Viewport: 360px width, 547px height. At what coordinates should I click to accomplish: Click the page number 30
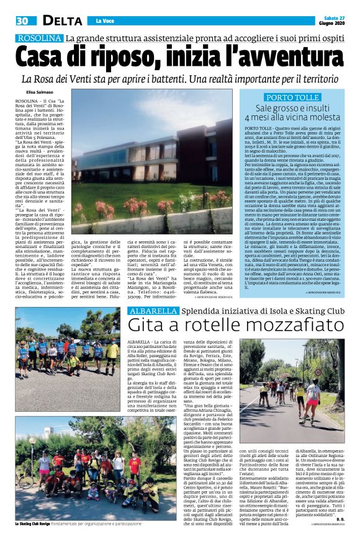click(22, 20)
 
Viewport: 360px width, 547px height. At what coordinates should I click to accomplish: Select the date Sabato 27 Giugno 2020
click(336, 20)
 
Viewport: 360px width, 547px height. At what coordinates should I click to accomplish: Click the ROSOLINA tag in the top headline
click(39, 38)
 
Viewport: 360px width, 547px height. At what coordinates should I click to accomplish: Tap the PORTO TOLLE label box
click(292, 97)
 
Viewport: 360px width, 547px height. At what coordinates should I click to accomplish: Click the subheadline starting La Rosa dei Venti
click(180, 80)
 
